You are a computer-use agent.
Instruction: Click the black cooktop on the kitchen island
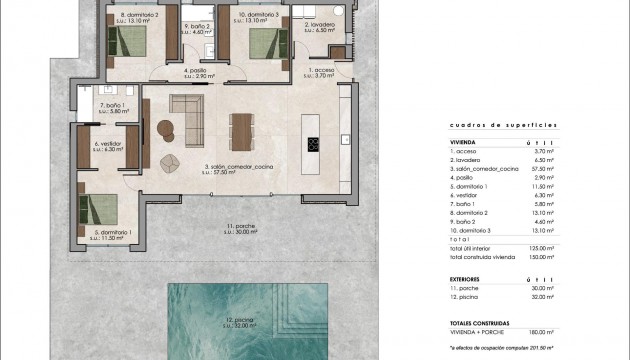[x=312, y=143]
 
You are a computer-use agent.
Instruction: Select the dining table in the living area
[x=239, y=129]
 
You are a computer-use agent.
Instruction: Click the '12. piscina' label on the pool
[x=237, y=321]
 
